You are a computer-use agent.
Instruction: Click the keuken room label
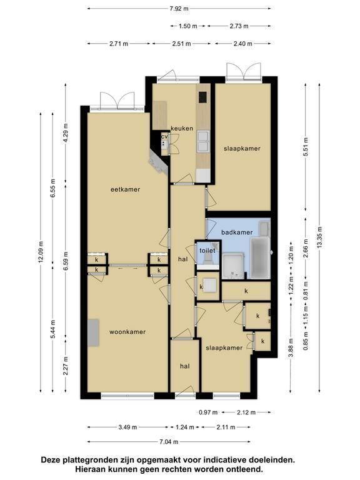click(x=182, y=128)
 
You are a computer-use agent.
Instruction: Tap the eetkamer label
click(x=125, y=189)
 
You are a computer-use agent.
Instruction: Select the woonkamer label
click(x=127, y=332)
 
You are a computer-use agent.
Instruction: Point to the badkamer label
click(x=237, y=232)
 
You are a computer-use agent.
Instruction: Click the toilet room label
click(x=207, y=251)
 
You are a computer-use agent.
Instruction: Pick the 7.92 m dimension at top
click(x=179, y=9)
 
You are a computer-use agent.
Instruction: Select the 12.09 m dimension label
click(x=41, y=252)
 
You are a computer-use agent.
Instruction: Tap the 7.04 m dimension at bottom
click(x=169, y=442)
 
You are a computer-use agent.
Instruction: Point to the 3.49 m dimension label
click(x=127, y=427)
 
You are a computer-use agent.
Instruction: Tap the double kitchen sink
click(x=204, y=141)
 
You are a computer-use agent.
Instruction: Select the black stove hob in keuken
click(x=202, y=97)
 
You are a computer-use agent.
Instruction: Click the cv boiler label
click(x=165, y=136)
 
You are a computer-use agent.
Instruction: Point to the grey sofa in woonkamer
click(x=93, y=332)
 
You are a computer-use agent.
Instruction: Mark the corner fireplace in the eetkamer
click(x=159, y=162)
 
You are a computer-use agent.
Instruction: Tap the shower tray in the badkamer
click(x=233, y=266)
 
